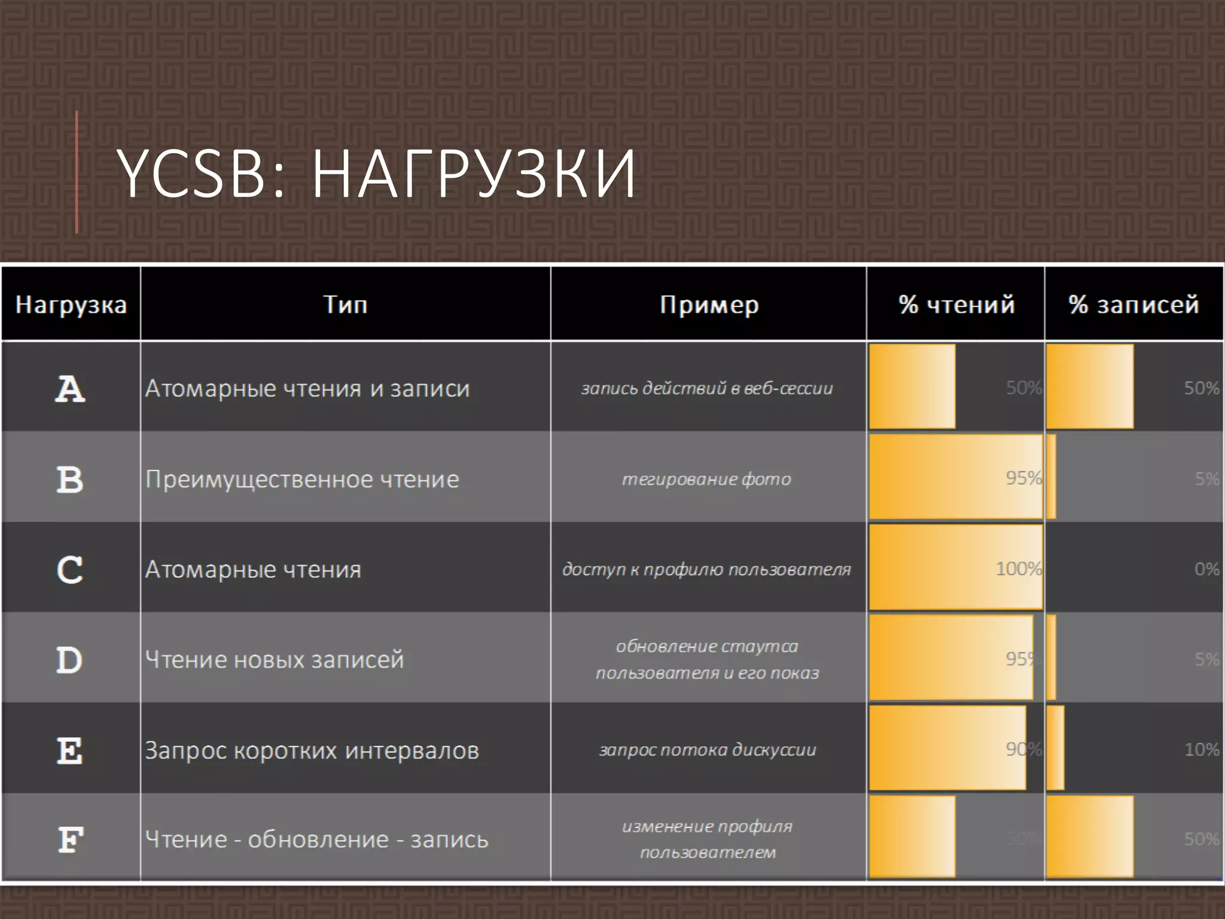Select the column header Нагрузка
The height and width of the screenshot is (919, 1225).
[71, 305]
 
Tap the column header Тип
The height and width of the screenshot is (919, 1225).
[345, 305]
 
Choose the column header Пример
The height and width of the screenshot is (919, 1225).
[709, 305]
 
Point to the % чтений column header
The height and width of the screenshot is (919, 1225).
[956, 305]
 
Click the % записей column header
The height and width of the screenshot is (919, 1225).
[1133, 305]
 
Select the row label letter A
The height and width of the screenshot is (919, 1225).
[70, 389]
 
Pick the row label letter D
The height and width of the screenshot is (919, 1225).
[69, 660]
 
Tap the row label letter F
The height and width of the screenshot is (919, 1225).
[70, 839]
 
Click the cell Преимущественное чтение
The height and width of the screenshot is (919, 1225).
[302, 479]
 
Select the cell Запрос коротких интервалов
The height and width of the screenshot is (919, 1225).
[312, 750]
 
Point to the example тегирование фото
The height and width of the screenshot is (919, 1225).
[706, 479]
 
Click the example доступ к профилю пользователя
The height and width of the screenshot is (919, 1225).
[706, 569]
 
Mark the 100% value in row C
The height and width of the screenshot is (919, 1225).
[1019, 568]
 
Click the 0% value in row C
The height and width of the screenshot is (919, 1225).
[1206, 569]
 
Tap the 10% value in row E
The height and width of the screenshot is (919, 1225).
[1202, 750]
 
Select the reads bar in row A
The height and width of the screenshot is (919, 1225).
[912, 387]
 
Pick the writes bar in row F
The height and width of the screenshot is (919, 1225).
[1090, 836]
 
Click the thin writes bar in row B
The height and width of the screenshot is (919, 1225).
[1052, 477]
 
